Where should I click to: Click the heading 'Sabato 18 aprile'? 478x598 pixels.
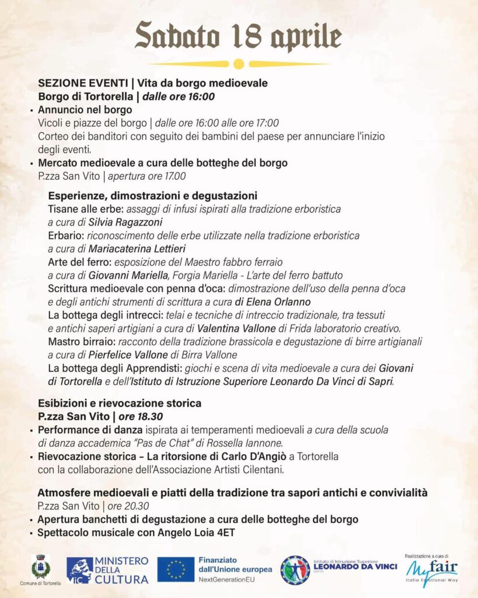[238, 36]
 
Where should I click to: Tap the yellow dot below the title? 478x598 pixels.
[238, 64]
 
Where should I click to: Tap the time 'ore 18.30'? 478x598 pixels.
[141, 416]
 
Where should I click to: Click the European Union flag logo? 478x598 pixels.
[175, 569]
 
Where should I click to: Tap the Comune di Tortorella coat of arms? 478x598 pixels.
[41, 567]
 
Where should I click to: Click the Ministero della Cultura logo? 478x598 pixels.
[107, 570]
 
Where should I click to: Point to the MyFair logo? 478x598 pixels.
[432, 569]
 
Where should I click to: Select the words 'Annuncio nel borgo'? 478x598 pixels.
[85, 110]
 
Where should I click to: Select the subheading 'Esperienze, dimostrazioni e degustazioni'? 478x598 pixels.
[153, 196]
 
